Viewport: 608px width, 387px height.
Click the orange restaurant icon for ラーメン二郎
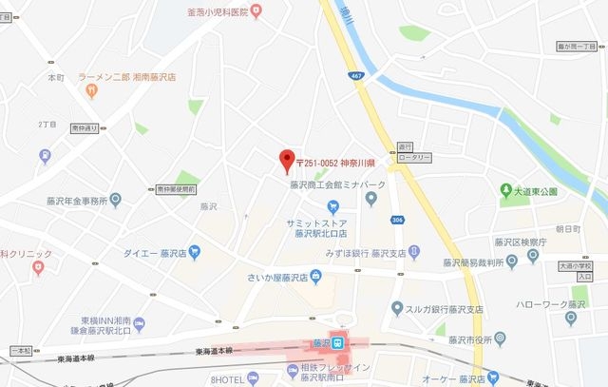91,91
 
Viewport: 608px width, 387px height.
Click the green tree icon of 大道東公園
506,190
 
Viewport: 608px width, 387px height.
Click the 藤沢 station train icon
348,343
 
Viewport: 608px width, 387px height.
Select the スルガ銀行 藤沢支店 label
444,310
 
